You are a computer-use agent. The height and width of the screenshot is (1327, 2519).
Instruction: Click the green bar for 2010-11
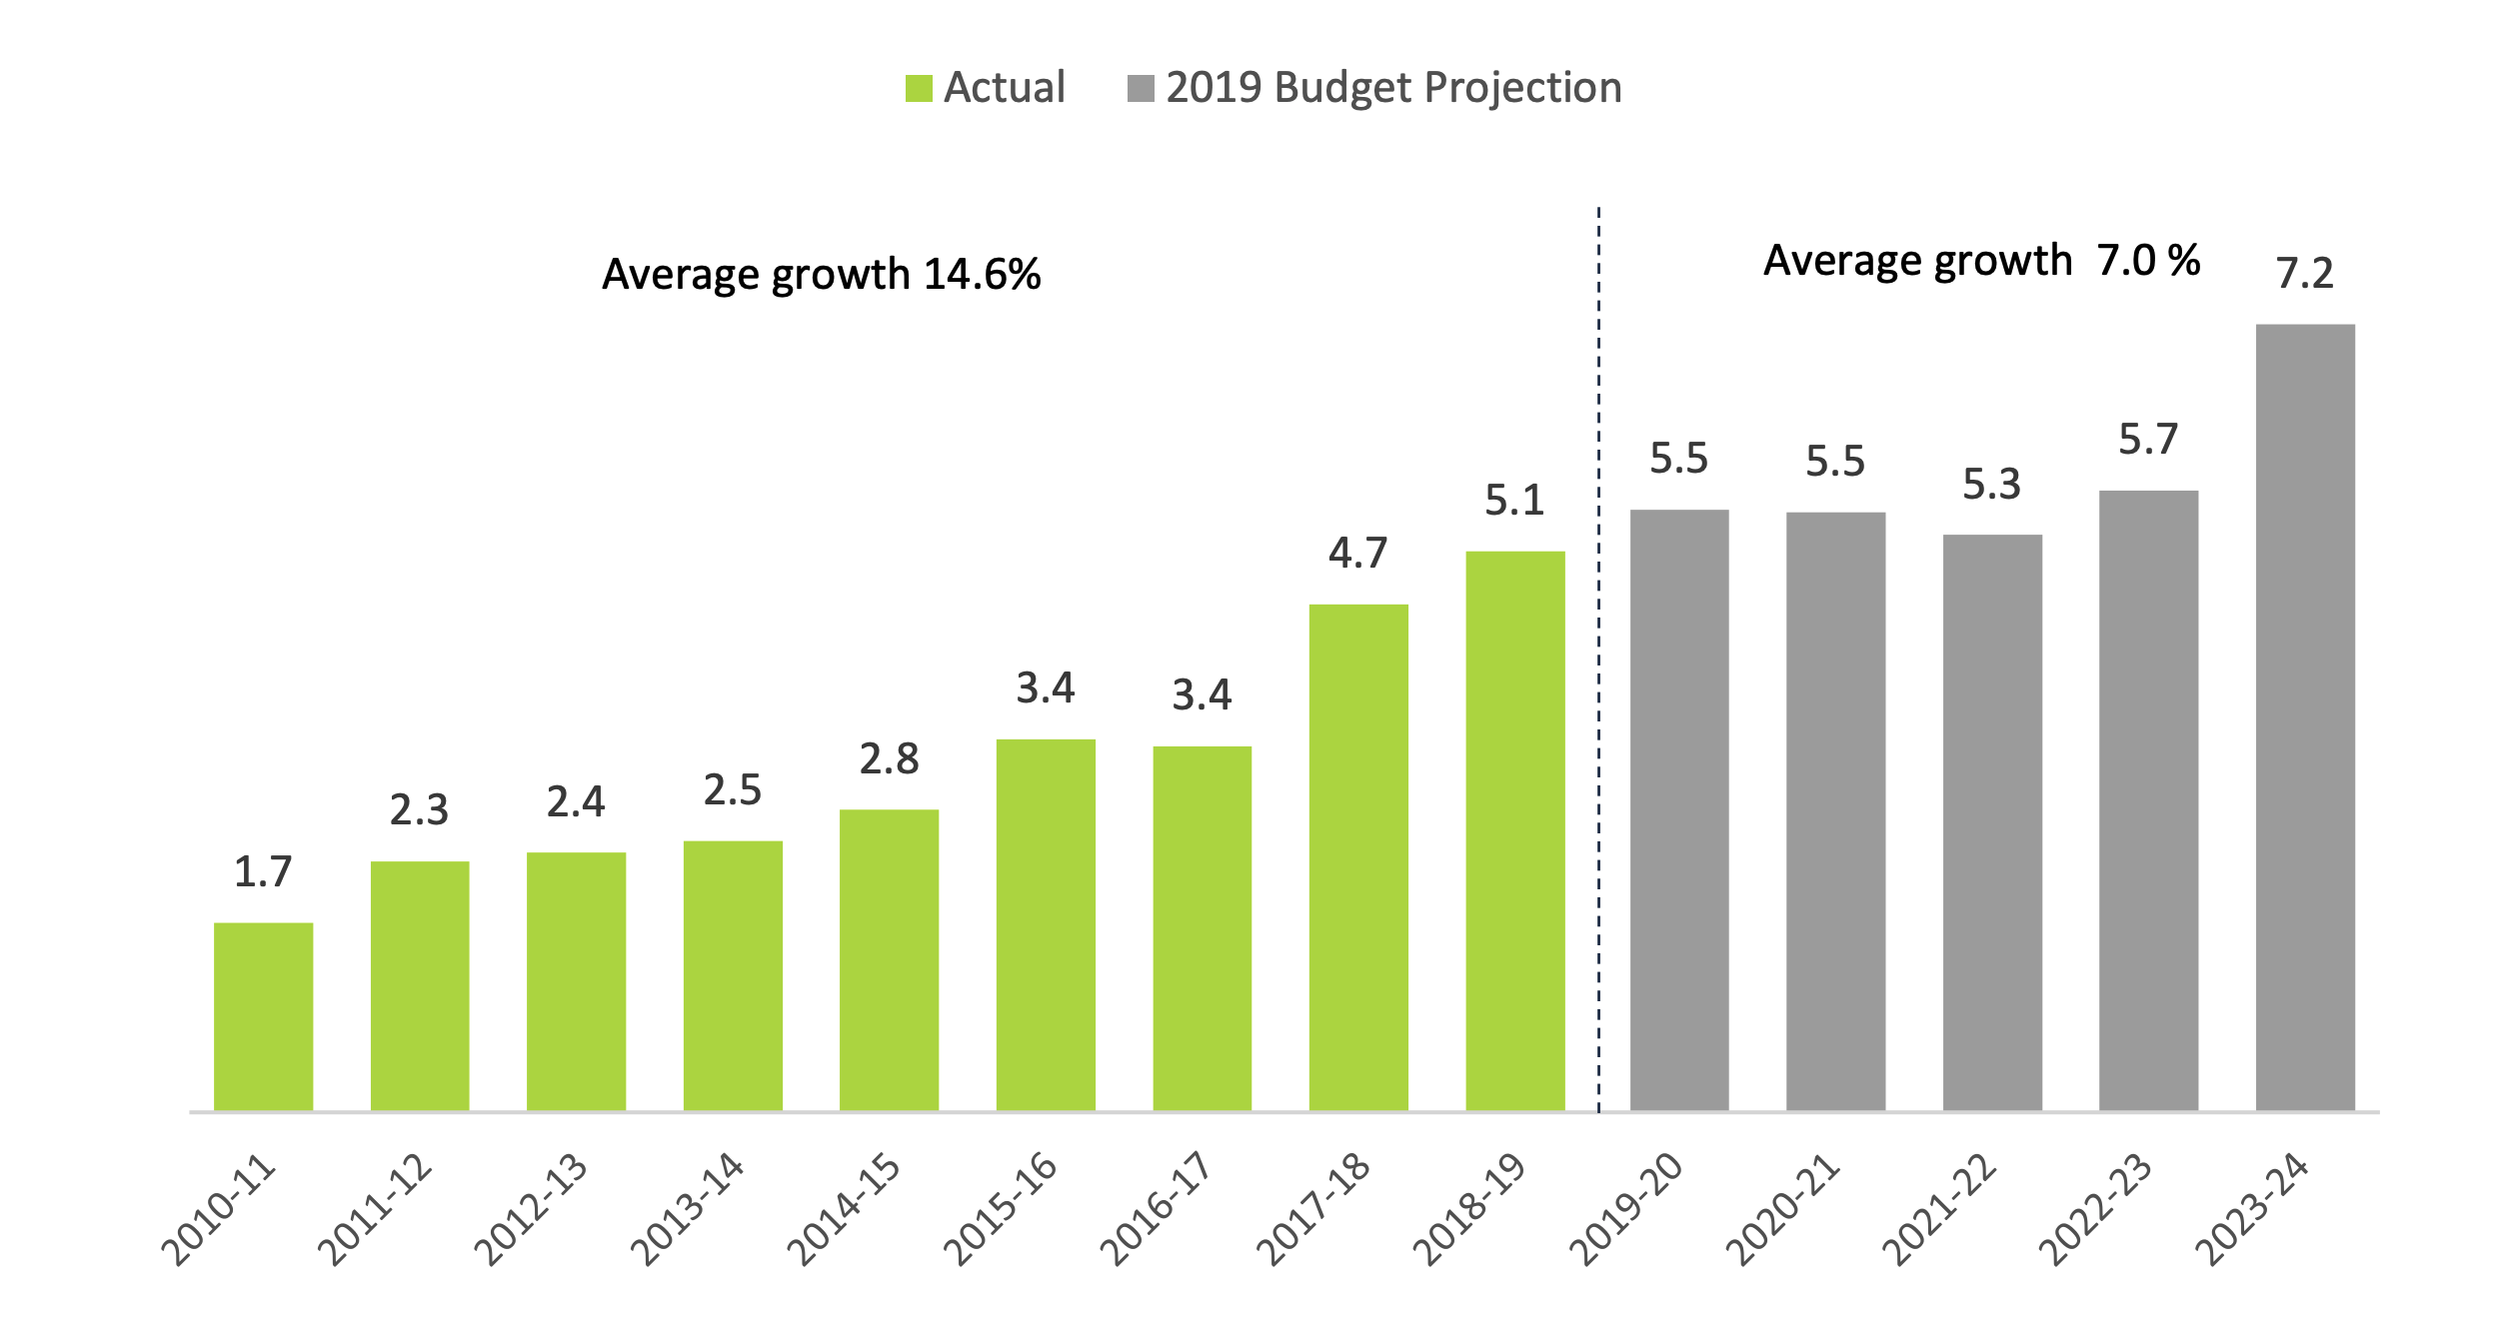[263, 1015]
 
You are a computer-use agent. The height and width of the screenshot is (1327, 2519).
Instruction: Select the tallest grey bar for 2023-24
[2305, 716]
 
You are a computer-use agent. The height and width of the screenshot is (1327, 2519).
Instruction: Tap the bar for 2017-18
[1358, 856]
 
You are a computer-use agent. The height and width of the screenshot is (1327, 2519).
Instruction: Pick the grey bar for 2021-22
[1992, 821]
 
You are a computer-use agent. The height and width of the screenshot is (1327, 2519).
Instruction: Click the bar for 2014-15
[889, 959]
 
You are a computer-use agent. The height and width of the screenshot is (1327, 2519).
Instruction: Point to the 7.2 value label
[2305, 273]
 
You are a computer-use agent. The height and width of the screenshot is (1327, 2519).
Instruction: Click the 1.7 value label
[263, 872]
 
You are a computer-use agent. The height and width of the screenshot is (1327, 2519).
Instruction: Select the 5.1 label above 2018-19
[1514, 501]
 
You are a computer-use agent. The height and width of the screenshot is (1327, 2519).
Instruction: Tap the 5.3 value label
[1992, 485]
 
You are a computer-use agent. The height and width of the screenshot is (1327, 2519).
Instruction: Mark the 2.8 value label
[889, 759]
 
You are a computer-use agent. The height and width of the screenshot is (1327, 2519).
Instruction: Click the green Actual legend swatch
[919, 89]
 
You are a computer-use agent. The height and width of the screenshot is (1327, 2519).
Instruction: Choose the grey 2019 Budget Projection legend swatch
[1141, 89]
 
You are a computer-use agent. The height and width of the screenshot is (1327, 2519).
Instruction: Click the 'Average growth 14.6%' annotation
[821, 275]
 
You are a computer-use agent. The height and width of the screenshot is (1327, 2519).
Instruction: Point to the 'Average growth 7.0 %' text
[1981, 261]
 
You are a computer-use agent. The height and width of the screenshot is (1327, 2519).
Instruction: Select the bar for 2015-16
[1046, 924]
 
